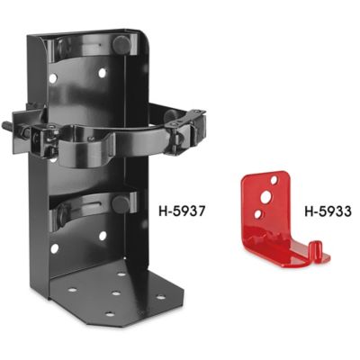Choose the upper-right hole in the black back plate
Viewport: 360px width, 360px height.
point(103,71)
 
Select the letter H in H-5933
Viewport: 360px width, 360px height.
point(302,214)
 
